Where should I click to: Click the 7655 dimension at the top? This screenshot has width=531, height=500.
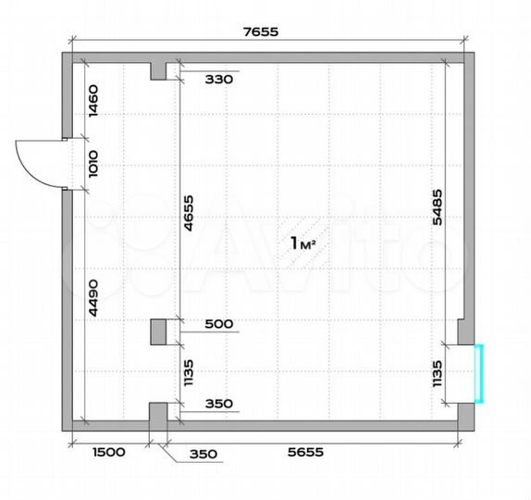(260, 31)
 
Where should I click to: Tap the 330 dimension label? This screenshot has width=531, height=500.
(219, 80)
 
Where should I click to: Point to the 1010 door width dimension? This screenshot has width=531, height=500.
(93, 164)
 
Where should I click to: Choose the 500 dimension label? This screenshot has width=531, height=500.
(219, 325)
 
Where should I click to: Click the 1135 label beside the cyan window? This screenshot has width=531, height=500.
(437, 373)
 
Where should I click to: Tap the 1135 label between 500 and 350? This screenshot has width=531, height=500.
(189, 372)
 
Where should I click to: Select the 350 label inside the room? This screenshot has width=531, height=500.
(219, 404)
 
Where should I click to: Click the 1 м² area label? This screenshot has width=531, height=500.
(304, 244)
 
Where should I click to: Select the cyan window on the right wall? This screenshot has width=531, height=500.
(479, 372)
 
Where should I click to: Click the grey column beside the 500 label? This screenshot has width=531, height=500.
(158, 331)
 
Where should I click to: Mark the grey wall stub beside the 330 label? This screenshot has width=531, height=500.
(158, 69)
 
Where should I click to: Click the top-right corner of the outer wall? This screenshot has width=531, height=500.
(469, 57)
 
